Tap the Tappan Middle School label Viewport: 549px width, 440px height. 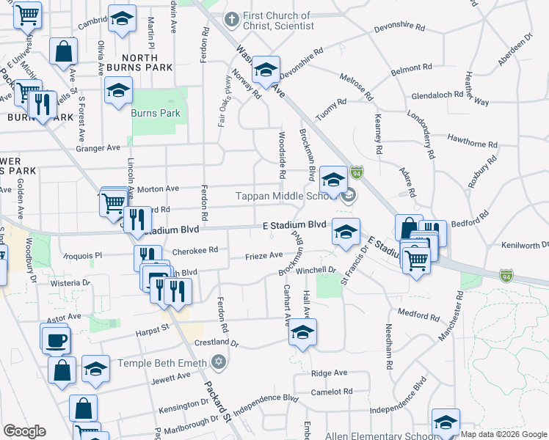(286, 196)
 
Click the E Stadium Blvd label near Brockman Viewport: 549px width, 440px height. (294, 224)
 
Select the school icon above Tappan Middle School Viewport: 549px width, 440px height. (333, 179)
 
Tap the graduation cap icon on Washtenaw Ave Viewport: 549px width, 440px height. (266, 70)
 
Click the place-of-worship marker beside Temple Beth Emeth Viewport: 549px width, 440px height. (218, 362)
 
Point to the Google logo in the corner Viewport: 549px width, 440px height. (24, 431)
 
